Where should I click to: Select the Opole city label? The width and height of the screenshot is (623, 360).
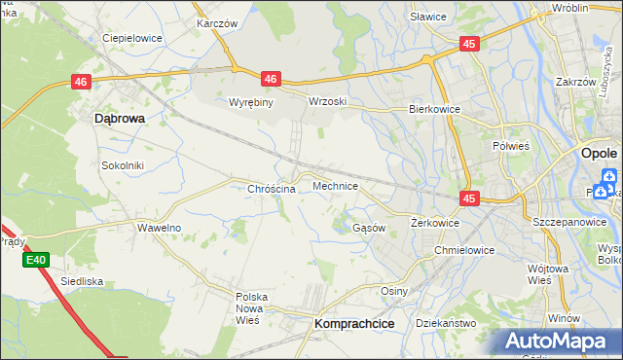[x=598, y=154]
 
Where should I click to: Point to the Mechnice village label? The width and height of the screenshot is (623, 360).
[x=335, y=185]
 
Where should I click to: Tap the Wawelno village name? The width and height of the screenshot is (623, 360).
[x=159, y=227]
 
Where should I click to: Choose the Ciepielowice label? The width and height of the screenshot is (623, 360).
[x=131, y=39]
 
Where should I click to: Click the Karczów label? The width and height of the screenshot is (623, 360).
[x=217, y=21]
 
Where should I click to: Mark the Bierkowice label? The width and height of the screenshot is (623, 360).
[x=433, y=110]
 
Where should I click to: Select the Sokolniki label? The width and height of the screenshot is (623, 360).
[x=123, y=165]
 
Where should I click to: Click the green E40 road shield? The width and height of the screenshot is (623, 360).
[x=36, y=260]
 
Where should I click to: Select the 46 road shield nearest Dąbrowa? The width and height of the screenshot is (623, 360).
[x=81, y=84]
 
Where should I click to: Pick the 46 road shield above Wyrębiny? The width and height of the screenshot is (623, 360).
[x=271, y=79]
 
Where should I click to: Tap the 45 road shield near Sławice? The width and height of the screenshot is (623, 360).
[x=470, y=44]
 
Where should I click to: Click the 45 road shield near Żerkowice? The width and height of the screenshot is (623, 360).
[x=470, y=198]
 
